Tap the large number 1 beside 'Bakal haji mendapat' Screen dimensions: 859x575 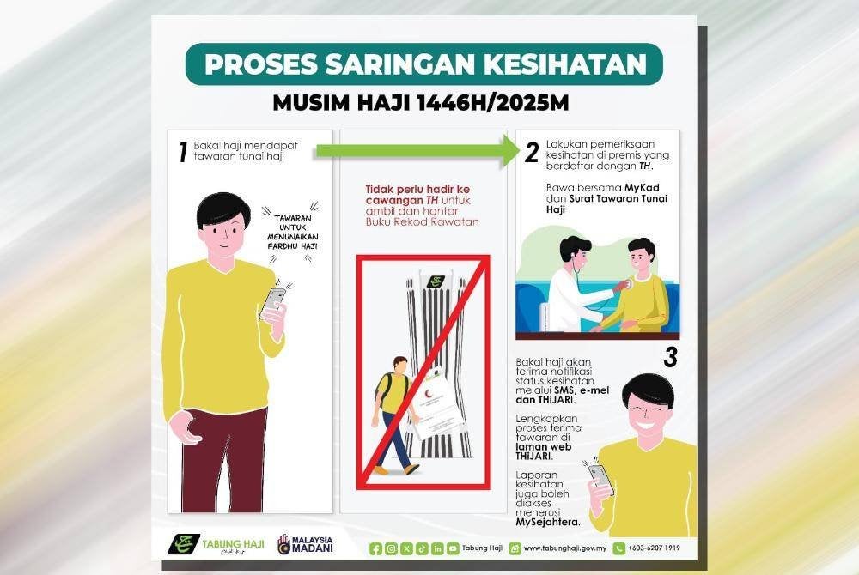[183, 152]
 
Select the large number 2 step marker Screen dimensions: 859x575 [532, 152]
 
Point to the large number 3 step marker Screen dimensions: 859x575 [670, 357]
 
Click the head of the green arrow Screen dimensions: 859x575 [509, 150]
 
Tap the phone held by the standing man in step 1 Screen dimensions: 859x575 [272, 303]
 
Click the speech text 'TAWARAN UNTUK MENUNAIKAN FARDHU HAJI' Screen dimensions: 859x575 [293, 233]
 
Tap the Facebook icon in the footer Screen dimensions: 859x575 [376, 548]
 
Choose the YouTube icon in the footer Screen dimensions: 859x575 [453, 548]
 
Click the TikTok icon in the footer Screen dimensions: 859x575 [422, 548]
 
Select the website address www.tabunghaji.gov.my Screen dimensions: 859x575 [565, 548]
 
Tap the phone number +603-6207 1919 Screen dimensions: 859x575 [654, 548]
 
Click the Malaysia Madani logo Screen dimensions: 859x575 [305, 544]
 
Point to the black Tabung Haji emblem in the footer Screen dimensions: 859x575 [184, 544]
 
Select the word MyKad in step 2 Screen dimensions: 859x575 [642, 188]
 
